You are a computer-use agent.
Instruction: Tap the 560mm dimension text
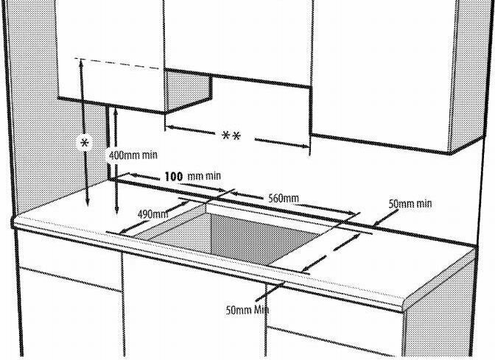point(283,198)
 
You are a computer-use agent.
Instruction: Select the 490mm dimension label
point(152,213)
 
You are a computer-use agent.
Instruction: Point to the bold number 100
point(173,177)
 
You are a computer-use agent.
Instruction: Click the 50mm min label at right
point(410,203)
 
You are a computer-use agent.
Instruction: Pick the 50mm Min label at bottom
point(247,310)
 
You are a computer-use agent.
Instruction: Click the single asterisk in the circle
point(85,143)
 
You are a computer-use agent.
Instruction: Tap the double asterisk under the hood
point(233,136)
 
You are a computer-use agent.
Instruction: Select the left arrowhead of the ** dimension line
point(169,127)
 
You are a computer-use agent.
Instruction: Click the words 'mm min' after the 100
point(204,177)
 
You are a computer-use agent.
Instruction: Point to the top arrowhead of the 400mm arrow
point(117,108)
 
